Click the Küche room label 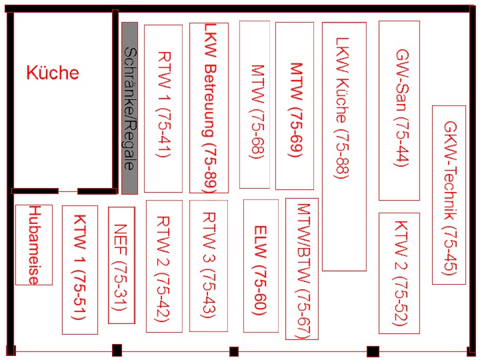click(x=53, y=73)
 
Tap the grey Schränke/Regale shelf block click(x=129, y=108)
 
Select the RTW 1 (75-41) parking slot click(x=163, y=109)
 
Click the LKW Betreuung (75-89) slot click(x=209, y=108)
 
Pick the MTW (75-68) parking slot click(x=255, y=105)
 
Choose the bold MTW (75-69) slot click(x=295, y=106)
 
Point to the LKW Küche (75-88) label click(x=342, y=108)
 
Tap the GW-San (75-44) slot click(x=399, y=111)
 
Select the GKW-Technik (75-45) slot click(x=449, y=195)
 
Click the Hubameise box click(x=34, y=245)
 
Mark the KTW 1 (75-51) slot click(x=80, y=270)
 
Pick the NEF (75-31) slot click(x=121, y=265)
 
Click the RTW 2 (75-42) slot click(x=164, y=266)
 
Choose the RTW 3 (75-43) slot click(x=209, y=266)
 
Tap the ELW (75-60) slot click(x=261, y=266)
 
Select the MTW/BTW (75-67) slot click(x=302, y=269)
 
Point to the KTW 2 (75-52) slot click(x=399, y=273)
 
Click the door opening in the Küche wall click(x=68, y=191)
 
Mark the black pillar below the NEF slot click(x=117, y=350)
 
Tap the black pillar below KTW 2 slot click(x=373, y=351)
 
